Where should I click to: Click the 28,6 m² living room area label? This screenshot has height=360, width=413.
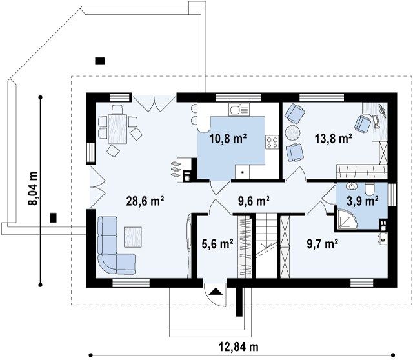pyautogui.click(x=145, y=201)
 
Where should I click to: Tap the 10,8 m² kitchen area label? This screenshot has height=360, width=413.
pyautogui.click(x=228, y=138)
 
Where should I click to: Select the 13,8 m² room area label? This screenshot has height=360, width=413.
pyautogui.click(x=334, y=138)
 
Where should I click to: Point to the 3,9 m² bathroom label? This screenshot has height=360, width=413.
pyautogui.click(x=363, y=201)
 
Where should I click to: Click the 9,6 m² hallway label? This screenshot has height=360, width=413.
pyautogui.click(x=254, y=201)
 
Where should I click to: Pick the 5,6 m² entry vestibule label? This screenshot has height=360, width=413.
pyautogui.click(x=217, y=244)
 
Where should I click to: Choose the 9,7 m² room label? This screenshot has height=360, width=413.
pyautogui.click(x=323, y=244)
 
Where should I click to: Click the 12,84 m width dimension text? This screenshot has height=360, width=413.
pyautogui.click(x=239, y=347)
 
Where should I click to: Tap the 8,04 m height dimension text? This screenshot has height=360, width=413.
pyautogui.click(x=33, y=188)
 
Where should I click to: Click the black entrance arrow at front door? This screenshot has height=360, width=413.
pyautogui.click(x=216, y=291)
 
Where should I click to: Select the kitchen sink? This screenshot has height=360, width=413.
pyautogui.click(x=239, y=109)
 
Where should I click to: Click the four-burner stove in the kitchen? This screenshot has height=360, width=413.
pyautogui.click(x=272, y=142)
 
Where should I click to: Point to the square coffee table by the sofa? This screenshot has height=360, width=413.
pyautogui.click(x=133, y=237)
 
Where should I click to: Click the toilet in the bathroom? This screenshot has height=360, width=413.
pyautogui.click(x=369, y=189)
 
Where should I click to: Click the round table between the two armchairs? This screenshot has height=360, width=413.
pyautogui.click(x=292, y=132)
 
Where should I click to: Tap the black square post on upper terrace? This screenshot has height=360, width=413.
pyautogui.click(x=100, y=61)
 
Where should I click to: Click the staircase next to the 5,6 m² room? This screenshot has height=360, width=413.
pyautogui.click(x=267, y=246)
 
